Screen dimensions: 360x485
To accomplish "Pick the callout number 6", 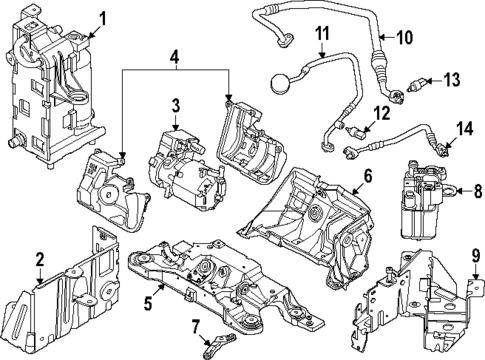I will point(368,176).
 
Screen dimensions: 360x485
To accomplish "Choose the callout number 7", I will point(196,325).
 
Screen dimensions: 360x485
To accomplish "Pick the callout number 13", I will point(451,79).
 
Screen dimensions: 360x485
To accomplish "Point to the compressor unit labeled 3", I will point(185,165).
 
